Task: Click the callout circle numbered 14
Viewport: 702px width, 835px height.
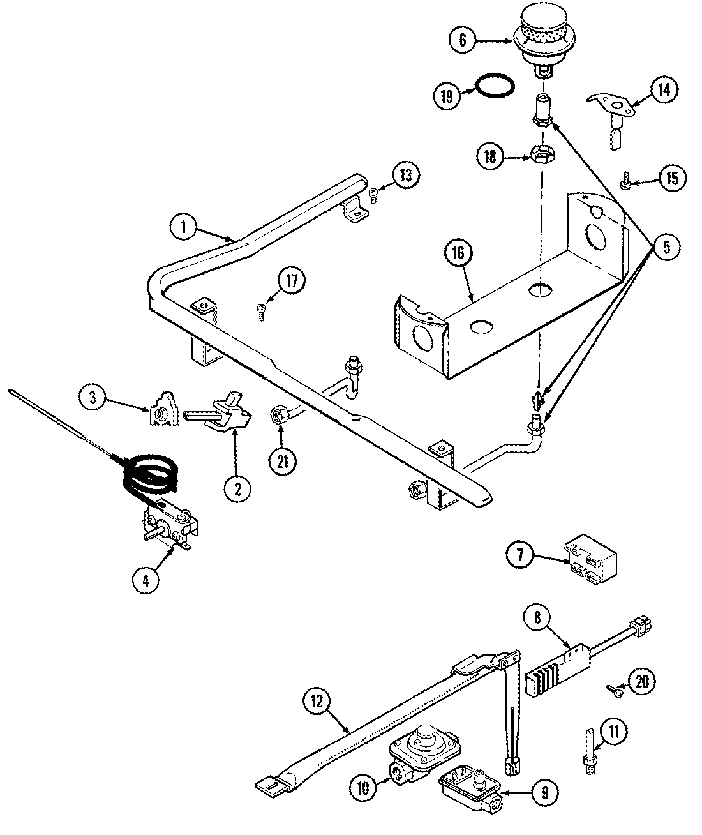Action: pyautogui.click(x=664, y=89)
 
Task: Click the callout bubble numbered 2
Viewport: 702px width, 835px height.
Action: pyautogui.click(x=237, y=488)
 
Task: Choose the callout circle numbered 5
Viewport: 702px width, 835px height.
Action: pyautogui.click(x=667, y=248)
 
